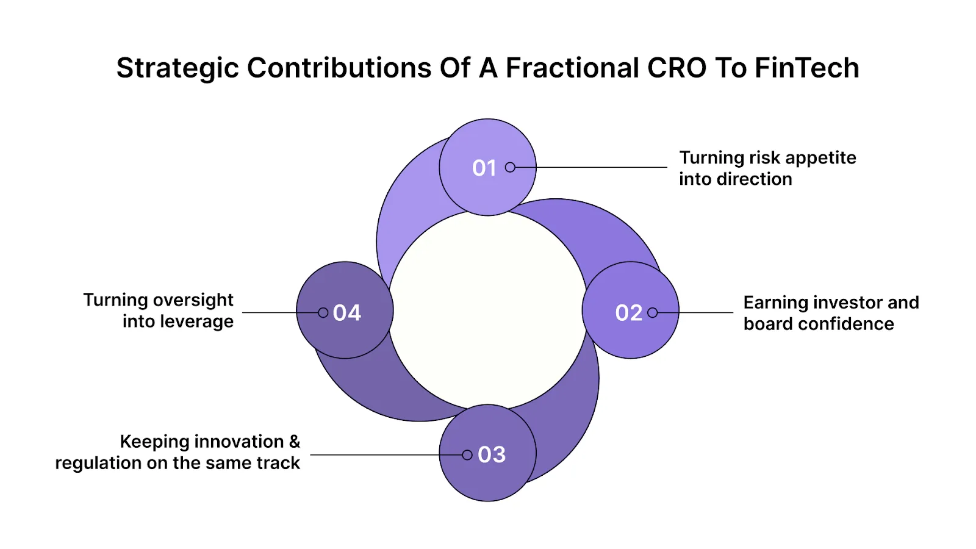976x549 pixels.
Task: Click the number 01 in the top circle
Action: pyautogui.click(x=484, y=168)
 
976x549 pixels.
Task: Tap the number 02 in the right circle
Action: pyautogui.click(x=628, y=312)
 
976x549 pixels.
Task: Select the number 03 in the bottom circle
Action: pyautogui.click(x=492, y=454)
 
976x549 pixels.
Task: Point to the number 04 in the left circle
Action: pyautogui.click(x=347, y=312)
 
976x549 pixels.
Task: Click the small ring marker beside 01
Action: pyautogui.click(x=510, y=167)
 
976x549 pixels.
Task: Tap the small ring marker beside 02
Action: pyautogui.click(x=653, y=312)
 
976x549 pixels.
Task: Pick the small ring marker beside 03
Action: pyautogui.click(x=467, y=454)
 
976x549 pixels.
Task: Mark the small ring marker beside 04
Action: pyautogui.click(x=323, y=312)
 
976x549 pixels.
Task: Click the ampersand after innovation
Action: pyautogui.click(x=295, y=442)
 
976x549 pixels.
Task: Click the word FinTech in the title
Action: pyautogui.click(x=806, y=68)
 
